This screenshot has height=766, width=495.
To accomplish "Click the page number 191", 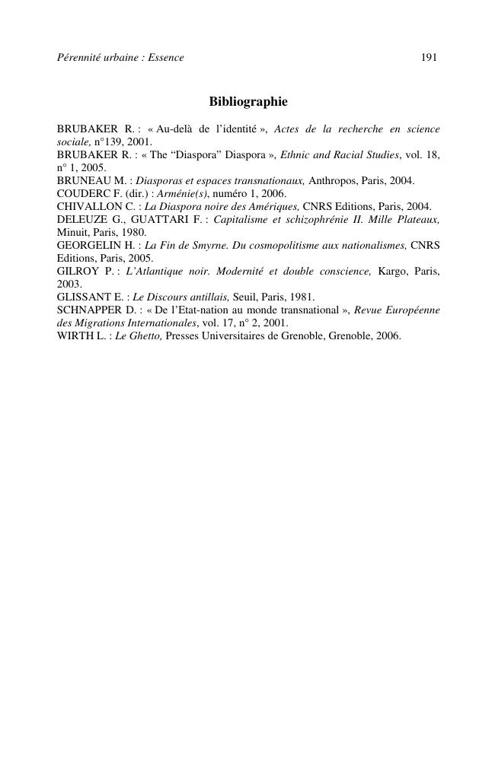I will tap(428, 58).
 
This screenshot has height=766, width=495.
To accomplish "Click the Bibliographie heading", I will tap(248, 102).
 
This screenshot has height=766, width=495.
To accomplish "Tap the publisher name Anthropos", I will tap(333, 180).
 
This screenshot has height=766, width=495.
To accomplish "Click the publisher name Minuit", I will tap(73, 232).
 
